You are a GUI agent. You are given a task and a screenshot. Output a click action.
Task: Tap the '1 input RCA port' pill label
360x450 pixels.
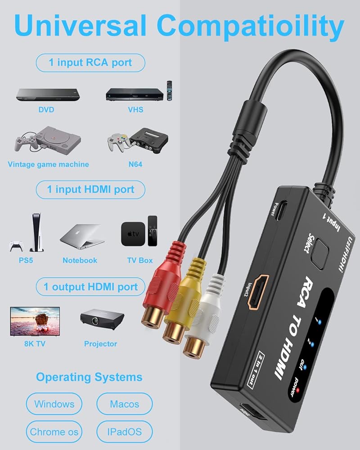(x=90, y=63)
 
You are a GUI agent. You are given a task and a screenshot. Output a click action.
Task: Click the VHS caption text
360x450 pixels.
(x=135, y=109)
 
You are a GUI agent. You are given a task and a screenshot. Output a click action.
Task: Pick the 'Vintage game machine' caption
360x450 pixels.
(x=48, y=164)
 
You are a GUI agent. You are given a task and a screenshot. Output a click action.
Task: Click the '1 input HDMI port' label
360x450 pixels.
(x=90, y=189)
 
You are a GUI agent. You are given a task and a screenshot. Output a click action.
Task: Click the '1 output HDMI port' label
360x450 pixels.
(x=90, y=287)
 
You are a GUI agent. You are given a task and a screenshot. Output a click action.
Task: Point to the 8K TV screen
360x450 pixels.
(x=35, y=321)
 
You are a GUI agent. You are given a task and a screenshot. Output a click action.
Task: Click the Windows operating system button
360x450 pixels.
(x=54, y=404)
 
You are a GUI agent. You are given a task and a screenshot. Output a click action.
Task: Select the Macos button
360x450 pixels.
(x=125, y=404)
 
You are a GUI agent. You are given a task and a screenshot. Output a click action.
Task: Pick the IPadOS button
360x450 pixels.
(x=125, y=432)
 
